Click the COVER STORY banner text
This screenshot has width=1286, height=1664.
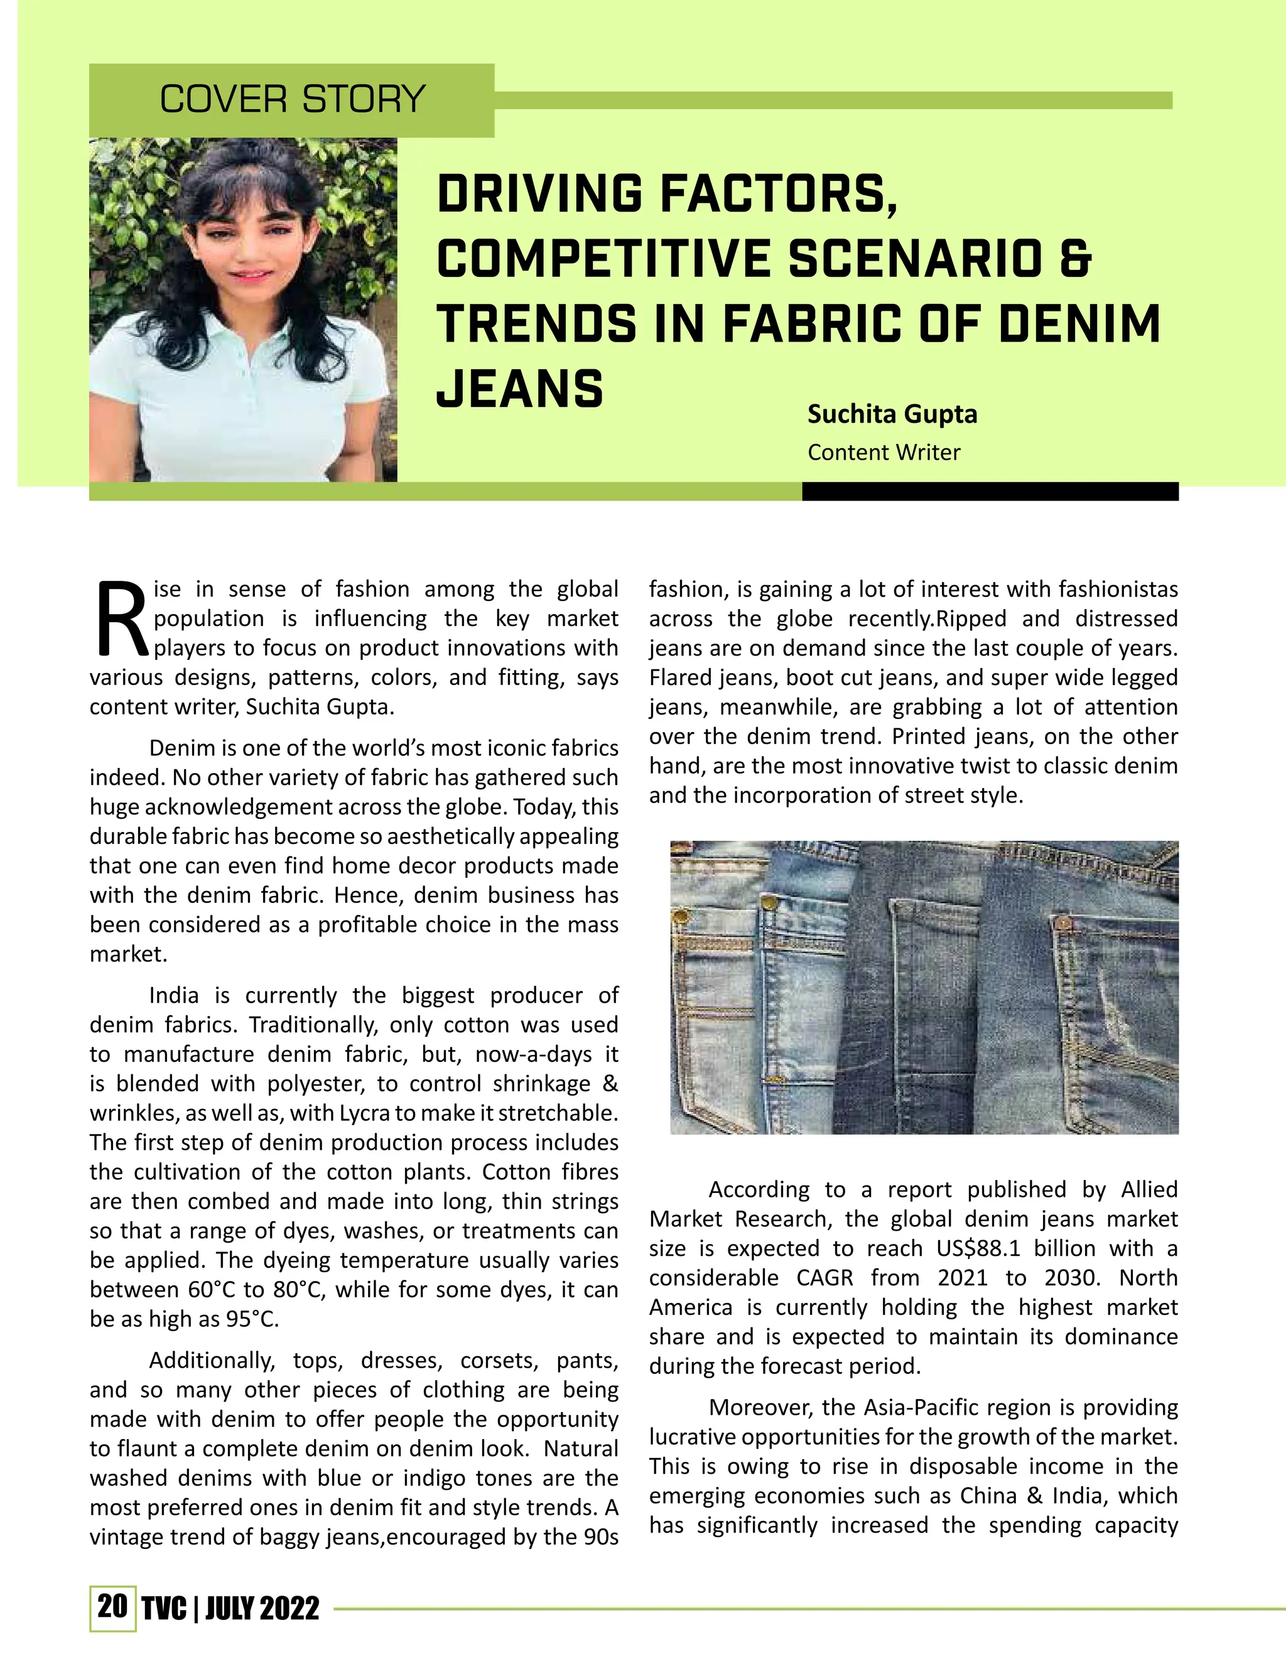pos(292,100)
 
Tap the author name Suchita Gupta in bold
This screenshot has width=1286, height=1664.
pos(892,414)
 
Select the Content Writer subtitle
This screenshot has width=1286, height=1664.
pos(883,453)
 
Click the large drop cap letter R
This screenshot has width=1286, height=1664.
pos(121,619)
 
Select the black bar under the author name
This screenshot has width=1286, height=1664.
pos(990,492)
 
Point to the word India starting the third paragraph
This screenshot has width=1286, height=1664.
pos(174,996)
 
